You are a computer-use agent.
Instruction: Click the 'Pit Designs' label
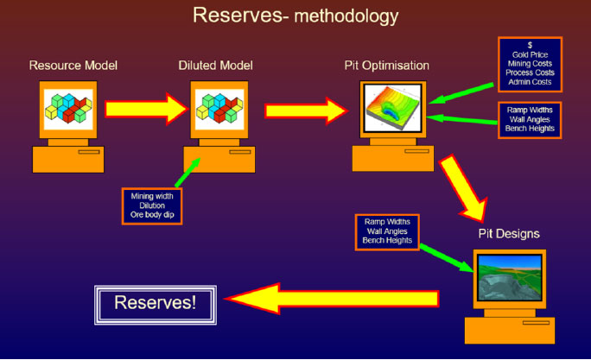click(x=509, y=233)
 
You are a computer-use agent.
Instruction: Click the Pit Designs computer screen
click(x=509, y=279)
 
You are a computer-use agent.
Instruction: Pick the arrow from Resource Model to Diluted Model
click(x=144, y=110)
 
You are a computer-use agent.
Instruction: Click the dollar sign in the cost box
click(x=530, y=45)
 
